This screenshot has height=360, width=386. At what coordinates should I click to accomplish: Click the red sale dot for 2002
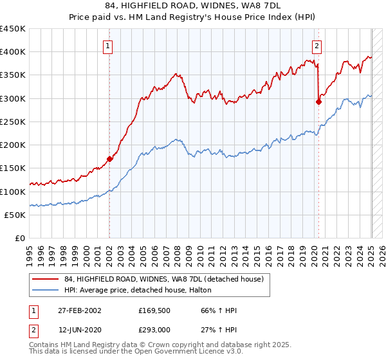click(109, 158)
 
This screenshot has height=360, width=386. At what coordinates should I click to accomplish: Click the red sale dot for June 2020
click(318, 101)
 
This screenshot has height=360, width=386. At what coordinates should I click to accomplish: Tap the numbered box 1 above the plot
click(107, 46)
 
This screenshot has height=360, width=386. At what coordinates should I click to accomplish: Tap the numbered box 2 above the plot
click(317, 46)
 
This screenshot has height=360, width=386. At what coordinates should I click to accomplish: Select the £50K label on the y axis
click(15, 215)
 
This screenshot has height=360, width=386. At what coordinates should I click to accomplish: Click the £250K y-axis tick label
click(13, 122)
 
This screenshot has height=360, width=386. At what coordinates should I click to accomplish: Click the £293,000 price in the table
click(154, 330)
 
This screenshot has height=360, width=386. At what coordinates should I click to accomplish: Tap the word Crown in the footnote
click(164, 345)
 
